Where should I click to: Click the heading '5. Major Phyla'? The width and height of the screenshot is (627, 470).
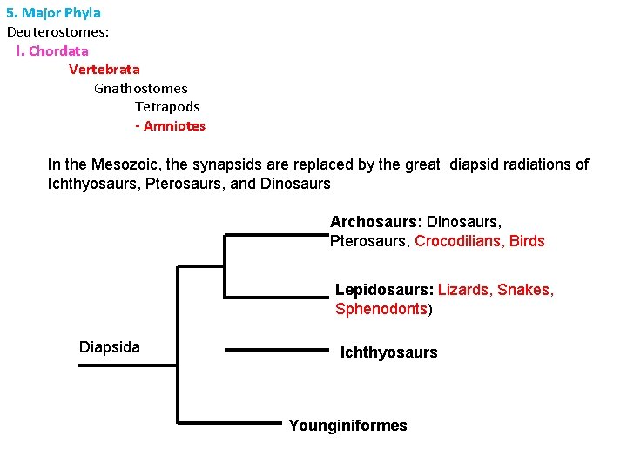pyautogui.click(x=54, y=13)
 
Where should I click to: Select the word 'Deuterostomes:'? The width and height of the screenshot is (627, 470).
pyautogui.click(x=58, y=32)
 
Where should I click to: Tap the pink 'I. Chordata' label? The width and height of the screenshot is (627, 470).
pyautogui.click(x=52, y=50)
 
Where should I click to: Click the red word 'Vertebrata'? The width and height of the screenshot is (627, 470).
pyautogui.click(x=104, y=69)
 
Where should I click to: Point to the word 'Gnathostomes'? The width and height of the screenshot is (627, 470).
pyautogui.click(x=140, y=88)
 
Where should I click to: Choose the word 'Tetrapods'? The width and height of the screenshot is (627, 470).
pyautogui.click(x=167, y=107)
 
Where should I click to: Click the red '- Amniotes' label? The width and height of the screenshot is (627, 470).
pyautogui.click(x=171, y=126)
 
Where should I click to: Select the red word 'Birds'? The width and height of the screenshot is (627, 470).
pyautogui.click(x=527, y=241)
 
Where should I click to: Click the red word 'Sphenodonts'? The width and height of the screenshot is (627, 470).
pyautogui.click(x=381, y=309)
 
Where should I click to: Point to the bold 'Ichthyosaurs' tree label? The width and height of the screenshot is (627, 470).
pyautogui.click(x=388, y=352)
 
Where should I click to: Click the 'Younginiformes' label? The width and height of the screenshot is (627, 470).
pyautogui.click(x=347, y=426)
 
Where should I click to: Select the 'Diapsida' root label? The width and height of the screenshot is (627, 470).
pyautogui.click(x=110, y=347)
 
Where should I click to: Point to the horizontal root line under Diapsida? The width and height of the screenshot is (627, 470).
pyautogui.click(x=128, y=366)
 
